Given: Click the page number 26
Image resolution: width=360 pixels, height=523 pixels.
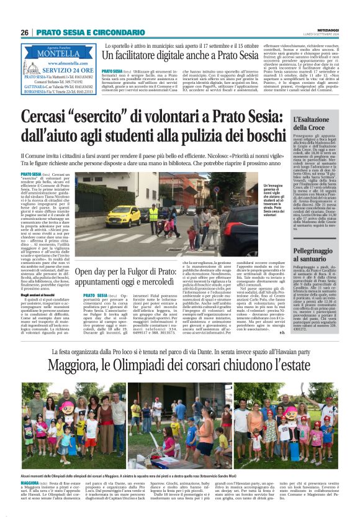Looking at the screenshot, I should tap(24, 32).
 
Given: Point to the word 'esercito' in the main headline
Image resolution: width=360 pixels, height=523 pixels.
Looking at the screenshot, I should tap(103, 116).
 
